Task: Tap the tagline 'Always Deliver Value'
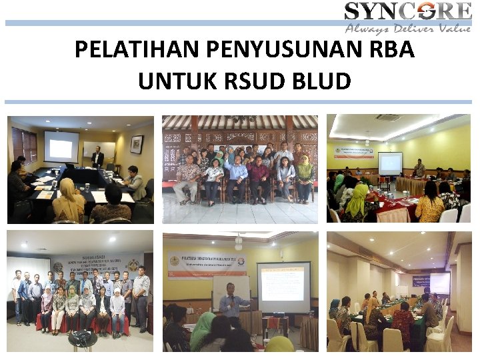[x=408, y=29]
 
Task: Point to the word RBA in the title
[x=393, y=50]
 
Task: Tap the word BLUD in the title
[x=321, y=81]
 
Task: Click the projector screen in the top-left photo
[x=61, y=146]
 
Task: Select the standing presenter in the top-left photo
[x=97, y=157]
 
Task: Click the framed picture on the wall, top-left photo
[x=137, y=144]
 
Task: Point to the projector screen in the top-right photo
[x=390, y=163]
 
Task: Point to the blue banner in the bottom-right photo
[x=439, y=282]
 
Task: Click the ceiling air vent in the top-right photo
[x=387, y=118]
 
